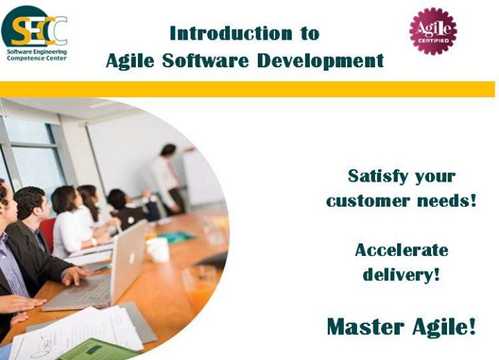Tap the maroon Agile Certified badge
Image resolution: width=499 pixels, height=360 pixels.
[432, 31]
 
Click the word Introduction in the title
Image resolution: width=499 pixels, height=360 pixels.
[231, 33]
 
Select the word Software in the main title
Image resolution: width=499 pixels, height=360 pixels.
[205, 60]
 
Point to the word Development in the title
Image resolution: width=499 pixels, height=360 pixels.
[320, 61]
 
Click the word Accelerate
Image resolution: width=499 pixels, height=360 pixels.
[401, 250]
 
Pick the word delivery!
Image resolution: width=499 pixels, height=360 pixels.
[401, 274]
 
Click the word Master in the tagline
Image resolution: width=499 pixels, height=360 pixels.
[366, 327]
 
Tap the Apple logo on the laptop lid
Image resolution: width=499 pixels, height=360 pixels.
[131, 257]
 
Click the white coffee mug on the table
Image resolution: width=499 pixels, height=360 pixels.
[157, 250]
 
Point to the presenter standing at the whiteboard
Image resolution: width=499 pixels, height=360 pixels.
[168, 179]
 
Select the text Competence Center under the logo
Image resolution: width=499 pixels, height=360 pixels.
[37, 58]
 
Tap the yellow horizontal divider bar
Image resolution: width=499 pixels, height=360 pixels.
[247, 89]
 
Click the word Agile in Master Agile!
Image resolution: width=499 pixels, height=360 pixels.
[444, 327]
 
